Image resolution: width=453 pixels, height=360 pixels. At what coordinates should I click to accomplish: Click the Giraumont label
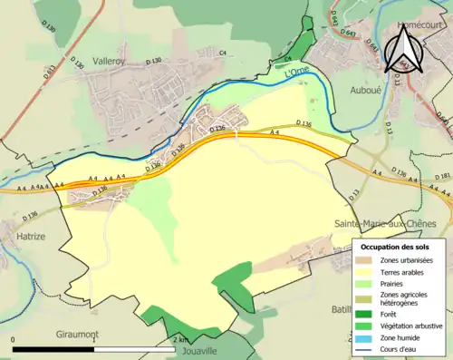[75, 334]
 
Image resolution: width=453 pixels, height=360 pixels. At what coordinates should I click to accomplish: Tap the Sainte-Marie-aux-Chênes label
[385, 222]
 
